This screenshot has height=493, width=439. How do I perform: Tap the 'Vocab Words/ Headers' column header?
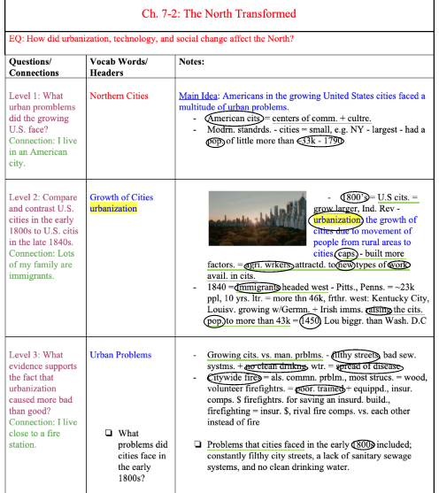coord(119,67)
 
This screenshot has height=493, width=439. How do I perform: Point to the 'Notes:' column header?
coord(191,62)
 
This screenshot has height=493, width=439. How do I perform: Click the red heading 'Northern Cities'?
coord(119,95)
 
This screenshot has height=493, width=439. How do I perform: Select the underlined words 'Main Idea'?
coord(196,95)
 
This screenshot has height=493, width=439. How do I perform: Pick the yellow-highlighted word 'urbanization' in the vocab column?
coord(113,209)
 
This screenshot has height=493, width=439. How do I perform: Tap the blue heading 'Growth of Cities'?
coord(120,196)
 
